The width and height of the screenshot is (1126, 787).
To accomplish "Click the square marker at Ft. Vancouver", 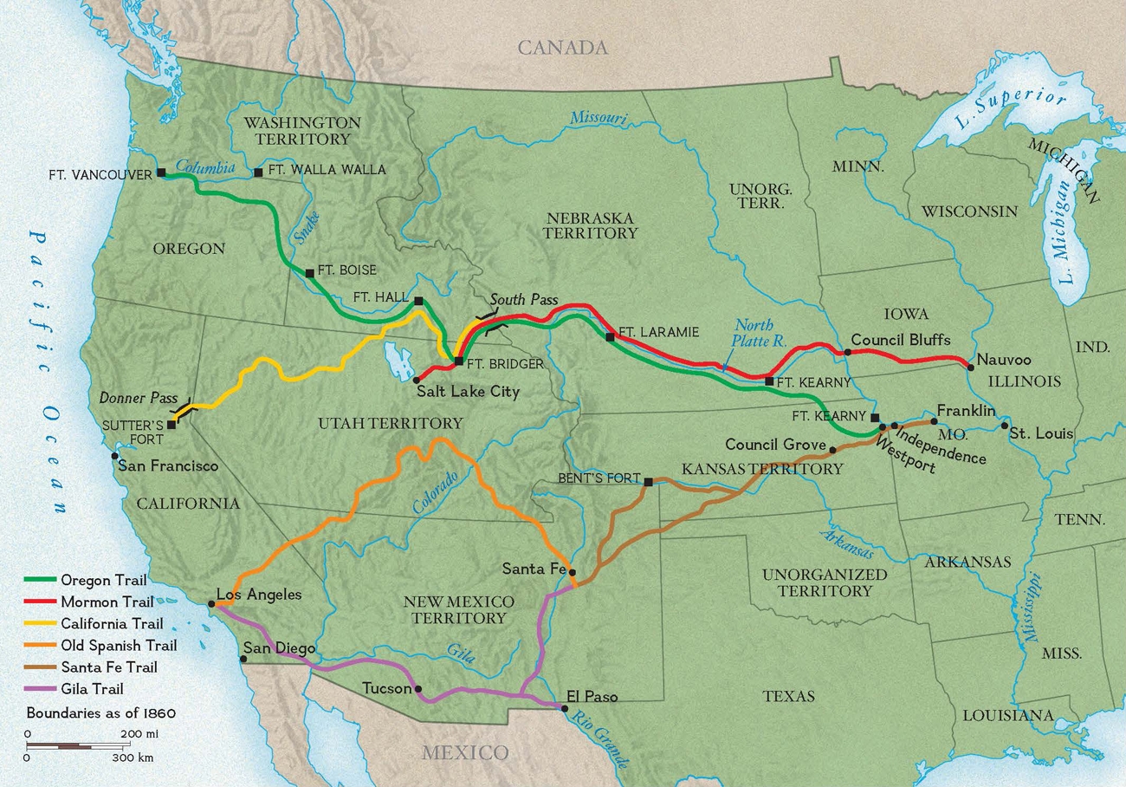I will tap(161, 172).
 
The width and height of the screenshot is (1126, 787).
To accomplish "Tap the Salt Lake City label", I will tap(468, 391).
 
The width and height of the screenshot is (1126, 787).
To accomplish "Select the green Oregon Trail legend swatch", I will tap(41, 580).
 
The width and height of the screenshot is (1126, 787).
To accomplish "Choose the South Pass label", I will tap(523, 300).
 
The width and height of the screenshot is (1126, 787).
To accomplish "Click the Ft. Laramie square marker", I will tap(611, 336).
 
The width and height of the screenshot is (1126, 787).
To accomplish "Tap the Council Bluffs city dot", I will tap(848, 353).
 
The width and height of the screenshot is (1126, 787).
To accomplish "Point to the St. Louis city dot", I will tap(1005, 426).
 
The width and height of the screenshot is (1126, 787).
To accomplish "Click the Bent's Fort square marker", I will tap(648, 480).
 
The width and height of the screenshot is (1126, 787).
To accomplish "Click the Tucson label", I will tap(386, 688).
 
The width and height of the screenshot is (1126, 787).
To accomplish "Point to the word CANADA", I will tap(563, 48).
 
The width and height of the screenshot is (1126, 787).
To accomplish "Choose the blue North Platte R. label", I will tap(754, 334).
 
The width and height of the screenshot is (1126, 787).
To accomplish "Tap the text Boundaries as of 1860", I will tap(101, 713).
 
